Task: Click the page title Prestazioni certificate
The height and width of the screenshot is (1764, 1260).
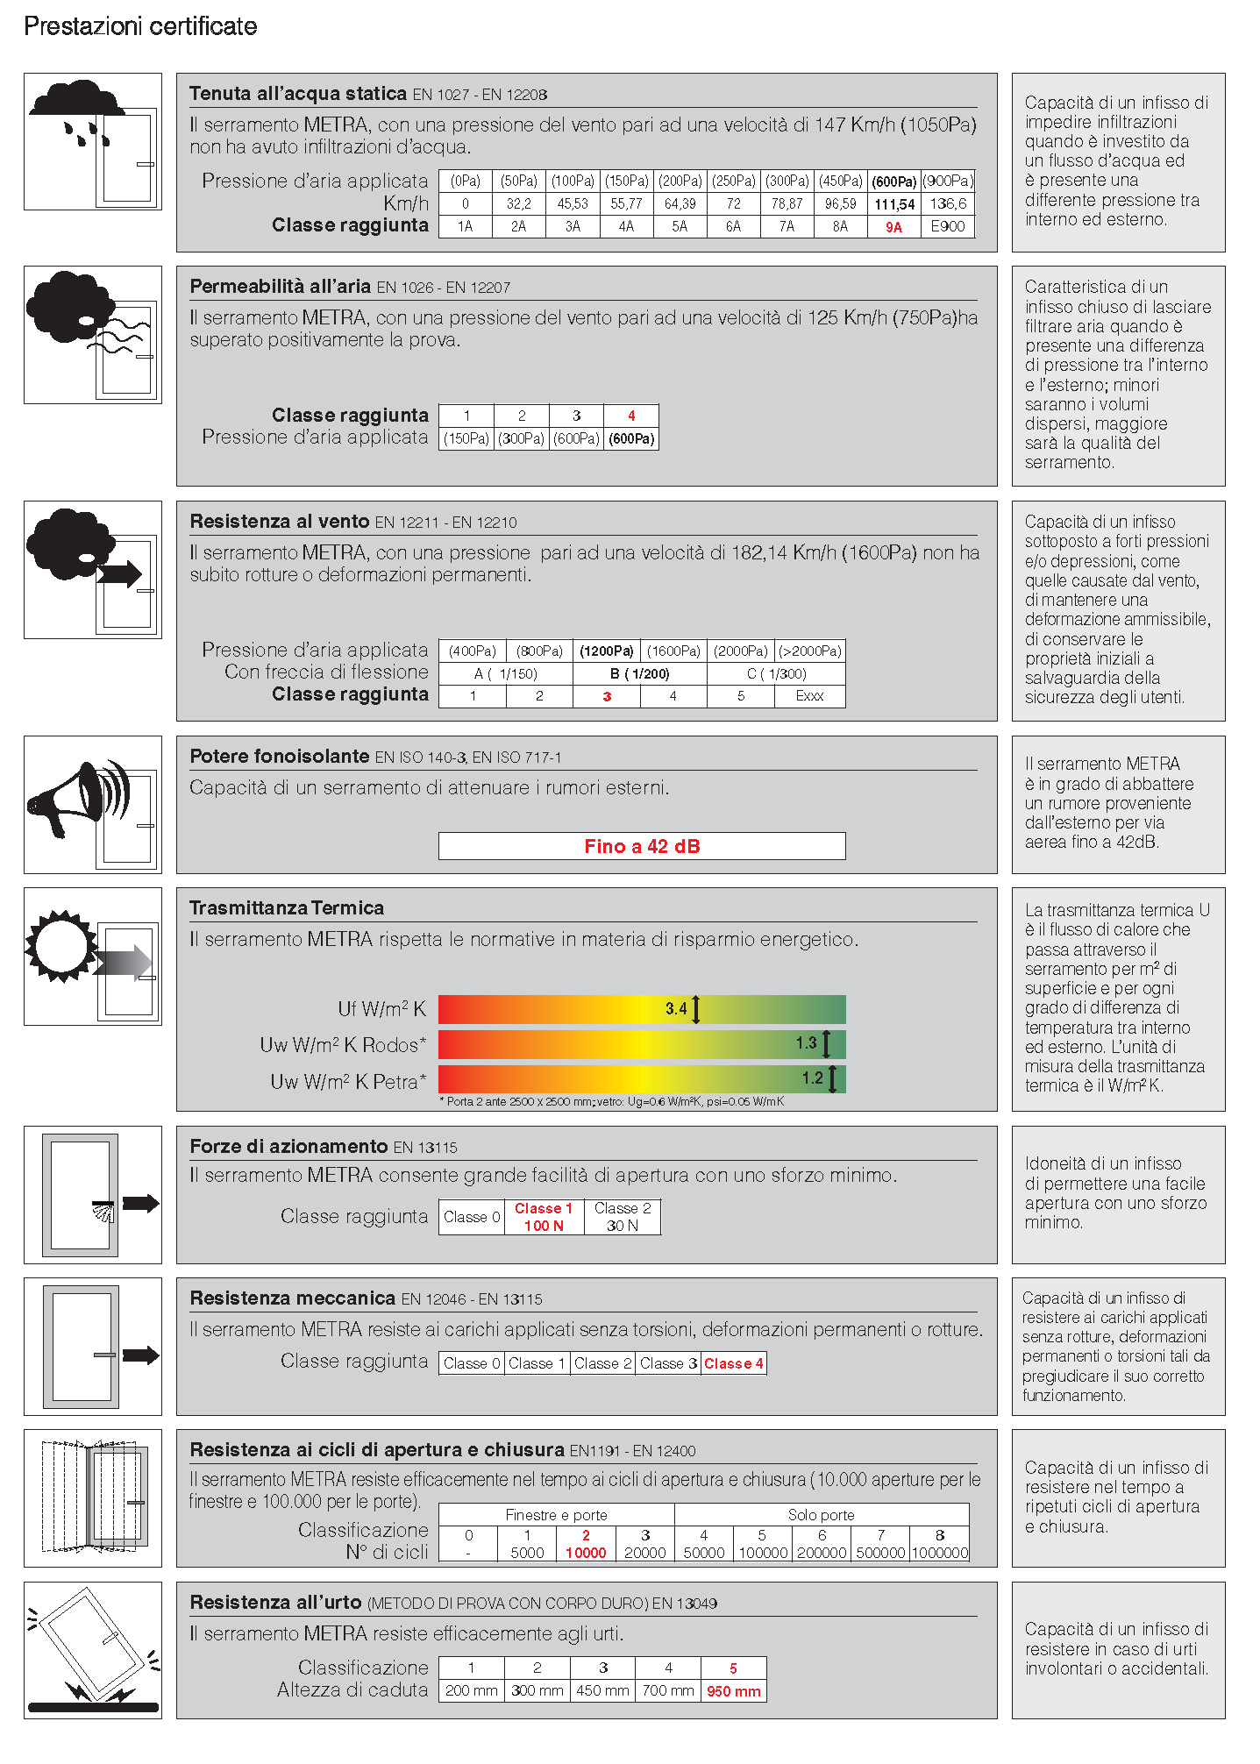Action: point(140,26)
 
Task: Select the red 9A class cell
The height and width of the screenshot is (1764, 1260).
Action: point(893,227)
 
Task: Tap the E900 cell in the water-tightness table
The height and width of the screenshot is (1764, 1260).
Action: point(947,226)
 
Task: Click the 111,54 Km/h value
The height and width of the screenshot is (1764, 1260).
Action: point(893,204)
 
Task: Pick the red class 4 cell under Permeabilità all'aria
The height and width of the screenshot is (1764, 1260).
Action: point(631,416)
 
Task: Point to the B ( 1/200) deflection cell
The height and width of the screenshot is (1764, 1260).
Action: point(639,674)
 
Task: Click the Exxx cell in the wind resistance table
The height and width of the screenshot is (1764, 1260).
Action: point(809,696)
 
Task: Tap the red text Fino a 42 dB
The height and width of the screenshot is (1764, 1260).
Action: point(642,846)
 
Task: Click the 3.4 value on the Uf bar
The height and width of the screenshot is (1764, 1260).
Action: point(676,1009)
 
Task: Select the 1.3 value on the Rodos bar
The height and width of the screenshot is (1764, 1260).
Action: point(807,1043)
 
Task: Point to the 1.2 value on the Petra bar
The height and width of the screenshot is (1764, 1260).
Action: point(813,1078)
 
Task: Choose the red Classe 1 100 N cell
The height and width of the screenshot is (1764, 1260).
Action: point(544,1217)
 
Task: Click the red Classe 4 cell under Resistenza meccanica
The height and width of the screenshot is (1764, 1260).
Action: point(733,1363)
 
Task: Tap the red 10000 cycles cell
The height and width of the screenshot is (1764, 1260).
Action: point(586,1553)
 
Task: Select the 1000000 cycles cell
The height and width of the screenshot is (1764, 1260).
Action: point(939,1553)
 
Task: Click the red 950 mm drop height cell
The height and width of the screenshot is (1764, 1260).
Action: point(733,1691)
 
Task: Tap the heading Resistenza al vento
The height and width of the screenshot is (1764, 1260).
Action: point(279,522)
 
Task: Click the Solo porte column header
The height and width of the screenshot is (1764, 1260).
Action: point(821,1515)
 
